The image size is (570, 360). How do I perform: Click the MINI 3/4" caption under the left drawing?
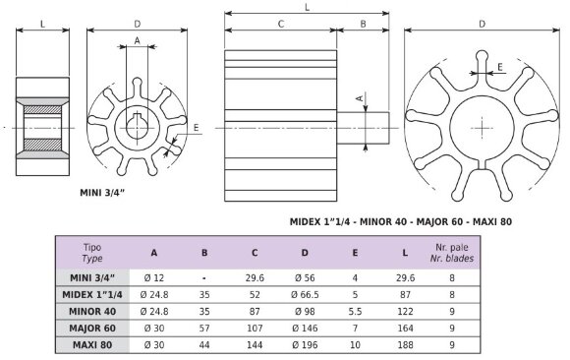pyautogui.click(x=107, y=194)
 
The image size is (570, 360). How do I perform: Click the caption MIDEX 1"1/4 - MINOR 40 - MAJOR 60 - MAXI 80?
pyautogui.click(x=401, y=222)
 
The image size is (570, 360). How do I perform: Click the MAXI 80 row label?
pyautogui.click(x=95, y=344)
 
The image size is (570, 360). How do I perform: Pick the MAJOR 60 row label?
pyautogui.click(x=95, y=328)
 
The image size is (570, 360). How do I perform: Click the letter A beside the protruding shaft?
pyautogui.click(x=360, y=97)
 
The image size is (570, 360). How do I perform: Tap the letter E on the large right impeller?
pyautogui.click(x=501, y=67)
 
